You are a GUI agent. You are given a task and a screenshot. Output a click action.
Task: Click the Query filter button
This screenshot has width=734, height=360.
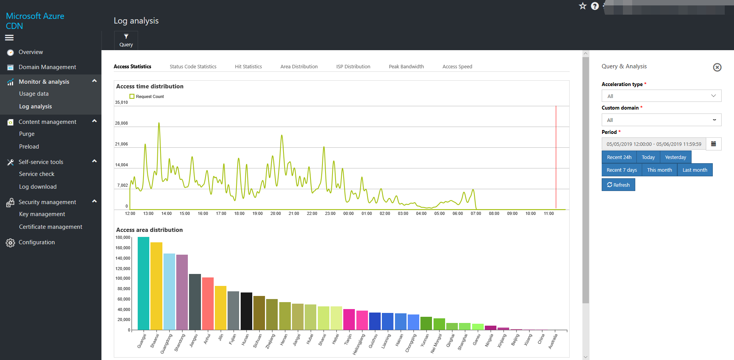point(126,40)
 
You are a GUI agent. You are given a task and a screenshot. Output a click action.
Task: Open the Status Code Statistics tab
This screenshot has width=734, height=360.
point(193,66)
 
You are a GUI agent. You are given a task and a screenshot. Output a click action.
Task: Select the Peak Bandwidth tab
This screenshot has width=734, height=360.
point(406,66)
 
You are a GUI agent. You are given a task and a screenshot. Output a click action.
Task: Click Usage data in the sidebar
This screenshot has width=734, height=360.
point(34,94)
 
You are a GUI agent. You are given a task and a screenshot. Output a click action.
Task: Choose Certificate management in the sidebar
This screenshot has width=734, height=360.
point(51,227)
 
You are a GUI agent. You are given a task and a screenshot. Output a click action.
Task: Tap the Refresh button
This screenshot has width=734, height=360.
point(618,185)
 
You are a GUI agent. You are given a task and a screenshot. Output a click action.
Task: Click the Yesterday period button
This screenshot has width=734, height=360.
point(675,157)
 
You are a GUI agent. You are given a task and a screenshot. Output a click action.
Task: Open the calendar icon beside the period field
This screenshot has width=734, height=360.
point(714,144)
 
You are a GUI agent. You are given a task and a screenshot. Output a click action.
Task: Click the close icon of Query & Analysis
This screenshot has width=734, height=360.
point(717,68)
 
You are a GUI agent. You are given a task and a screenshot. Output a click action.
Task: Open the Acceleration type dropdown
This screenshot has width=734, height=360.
point(661,96)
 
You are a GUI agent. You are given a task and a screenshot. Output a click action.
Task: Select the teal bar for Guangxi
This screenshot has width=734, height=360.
point(143,284)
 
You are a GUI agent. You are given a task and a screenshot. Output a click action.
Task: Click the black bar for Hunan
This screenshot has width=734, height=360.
point(246,311)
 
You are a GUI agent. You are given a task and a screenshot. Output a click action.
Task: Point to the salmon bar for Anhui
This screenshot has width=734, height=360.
point(208,303)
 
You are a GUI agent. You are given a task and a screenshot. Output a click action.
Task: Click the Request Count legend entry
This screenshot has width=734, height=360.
point(147,96)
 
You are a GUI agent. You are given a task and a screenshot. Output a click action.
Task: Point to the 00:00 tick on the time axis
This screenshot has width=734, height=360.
point(348,213)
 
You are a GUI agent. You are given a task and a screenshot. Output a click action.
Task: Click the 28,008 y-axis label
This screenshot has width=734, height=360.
point(121,123)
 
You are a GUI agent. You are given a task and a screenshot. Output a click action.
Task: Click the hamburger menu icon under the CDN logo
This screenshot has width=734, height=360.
point(9,37)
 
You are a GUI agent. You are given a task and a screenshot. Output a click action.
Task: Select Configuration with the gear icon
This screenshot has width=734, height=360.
point(37,242)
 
